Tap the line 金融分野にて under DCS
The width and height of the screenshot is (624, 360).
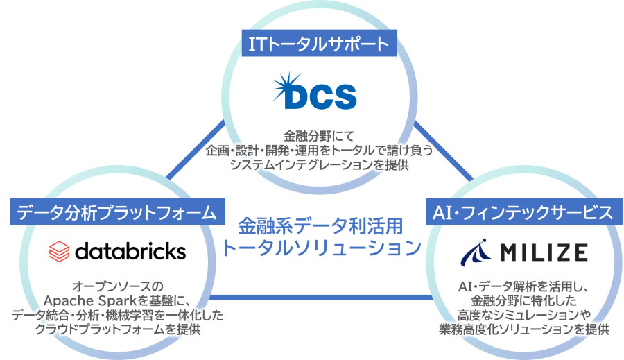318,135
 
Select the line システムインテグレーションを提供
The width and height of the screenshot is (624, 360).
318,164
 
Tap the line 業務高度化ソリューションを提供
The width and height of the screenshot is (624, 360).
523,329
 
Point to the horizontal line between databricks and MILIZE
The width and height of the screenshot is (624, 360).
319,298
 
